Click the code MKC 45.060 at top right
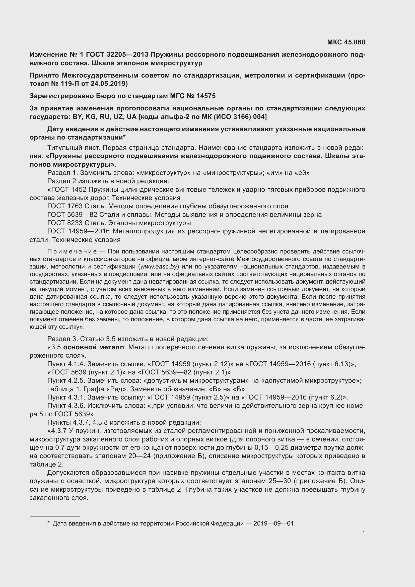point(346,42)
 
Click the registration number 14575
point(206,96)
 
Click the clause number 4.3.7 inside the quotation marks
point(59,431)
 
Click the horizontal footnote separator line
point(55,516)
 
